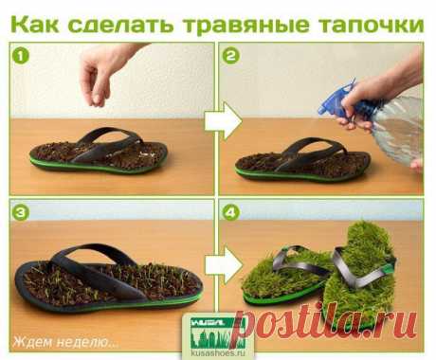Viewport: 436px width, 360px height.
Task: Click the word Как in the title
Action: (34, 24)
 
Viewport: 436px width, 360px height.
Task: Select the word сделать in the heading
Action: (120, 25)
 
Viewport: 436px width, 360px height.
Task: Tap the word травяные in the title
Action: (245, 25)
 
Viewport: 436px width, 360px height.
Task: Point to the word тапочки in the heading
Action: (371, 25)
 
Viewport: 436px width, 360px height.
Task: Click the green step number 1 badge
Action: (21, 56)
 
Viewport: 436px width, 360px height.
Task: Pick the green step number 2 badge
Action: (231, 56)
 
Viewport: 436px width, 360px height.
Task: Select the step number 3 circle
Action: (21, 212)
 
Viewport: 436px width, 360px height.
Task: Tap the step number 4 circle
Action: (231, 212)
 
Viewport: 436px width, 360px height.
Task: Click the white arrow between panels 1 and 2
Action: (223, 121)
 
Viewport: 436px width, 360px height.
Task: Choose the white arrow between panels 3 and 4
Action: (223, 264)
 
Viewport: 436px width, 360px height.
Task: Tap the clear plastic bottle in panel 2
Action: (400, 130)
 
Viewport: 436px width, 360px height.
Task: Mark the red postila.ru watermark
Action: (325, 323)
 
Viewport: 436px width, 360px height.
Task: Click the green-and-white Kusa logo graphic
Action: (218, 332)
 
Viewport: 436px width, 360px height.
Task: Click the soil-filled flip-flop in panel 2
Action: (302, 162)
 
